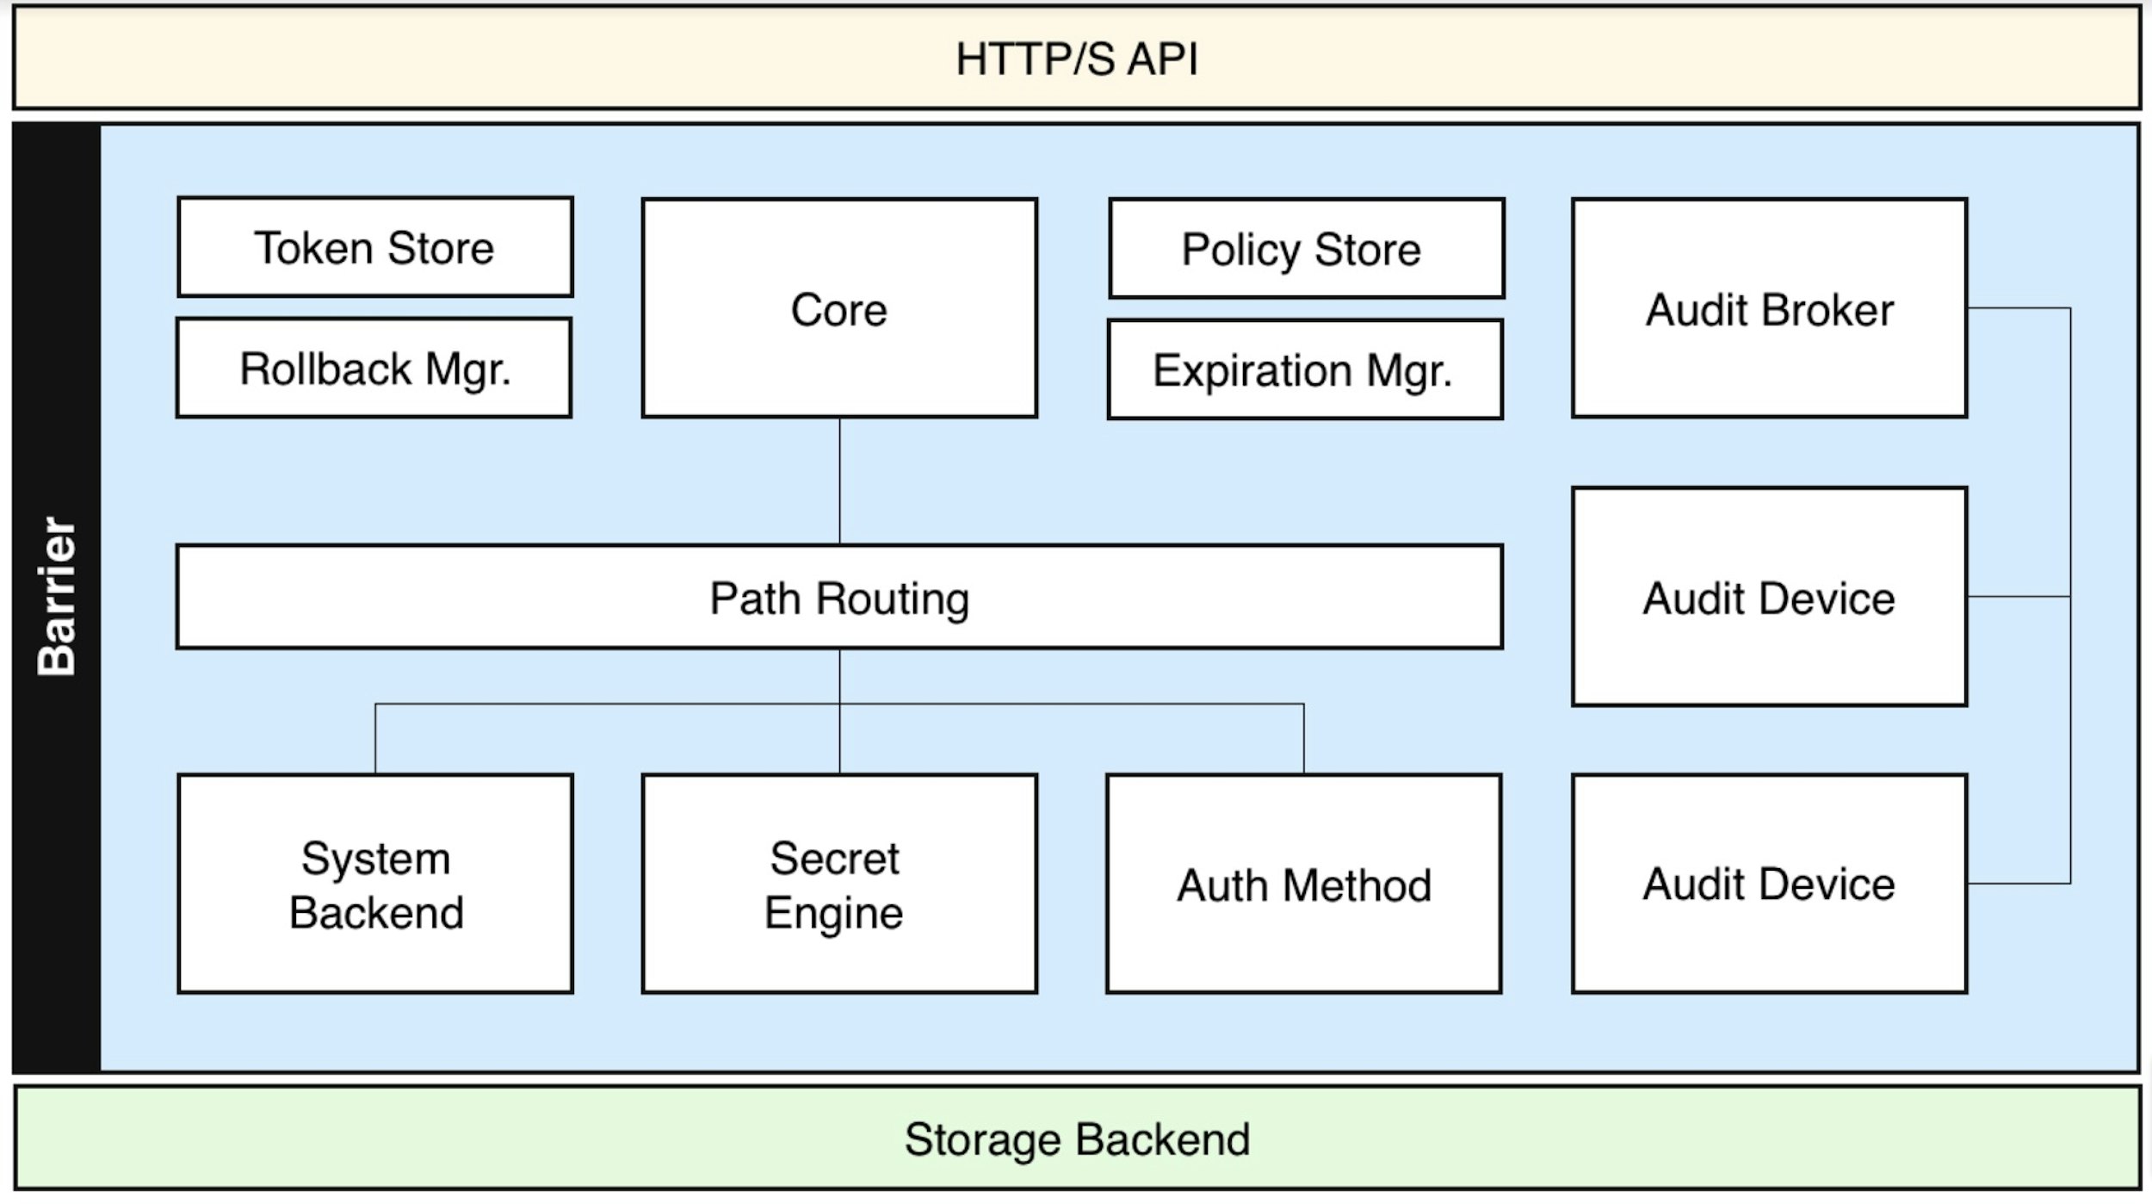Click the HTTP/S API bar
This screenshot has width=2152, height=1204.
tap(1076, 58)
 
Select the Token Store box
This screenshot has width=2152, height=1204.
tap(375, 247)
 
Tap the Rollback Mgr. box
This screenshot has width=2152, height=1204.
tap(374, 369)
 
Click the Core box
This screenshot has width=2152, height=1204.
tap(839, 308)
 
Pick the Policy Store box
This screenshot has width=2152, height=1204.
tap(1307, 249)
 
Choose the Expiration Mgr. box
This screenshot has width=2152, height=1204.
tap(1305, 370)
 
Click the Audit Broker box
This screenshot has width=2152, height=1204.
tap(1770, 308)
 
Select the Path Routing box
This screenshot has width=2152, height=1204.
tap(839, 597)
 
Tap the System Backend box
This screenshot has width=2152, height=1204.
tap(375, 884)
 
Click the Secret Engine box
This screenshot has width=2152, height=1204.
tap(839, 884)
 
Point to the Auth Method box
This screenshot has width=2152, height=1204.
tap(1304, 884)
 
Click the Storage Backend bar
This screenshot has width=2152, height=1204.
tap(1076, 1139)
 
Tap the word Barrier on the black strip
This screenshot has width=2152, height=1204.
tap(57, 596)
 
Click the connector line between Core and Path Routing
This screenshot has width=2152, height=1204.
tap(839, 481)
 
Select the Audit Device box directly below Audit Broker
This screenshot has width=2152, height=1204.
tap(1770, 597)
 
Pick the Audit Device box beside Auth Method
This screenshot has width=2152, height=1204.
tap(1770, 884)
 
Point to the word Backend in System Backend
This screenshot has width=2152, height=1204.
tap(376, 912)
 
